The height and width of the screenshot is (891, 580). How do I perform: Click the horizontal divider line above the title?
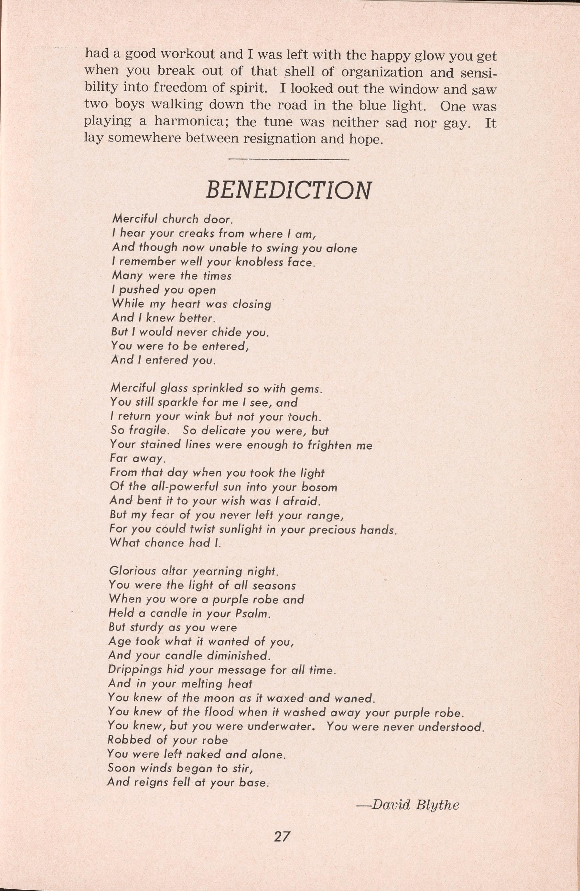coord(288,160)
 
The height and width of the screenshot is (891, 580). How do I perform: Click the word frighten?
coord(329,445)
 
